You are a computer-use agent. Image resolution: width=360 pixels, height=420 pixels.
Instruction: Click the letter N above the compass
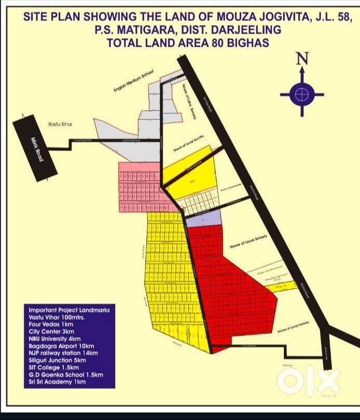pyautogui.click(x=302, y=60)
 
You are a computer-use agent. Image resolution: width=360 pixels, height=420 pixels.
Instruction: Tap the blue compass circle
pyautogui.click(x=302, y=94)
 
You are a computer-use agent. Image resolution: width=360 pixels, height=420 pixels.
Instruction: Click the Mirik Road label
pyautogui.click(x=36, y=149)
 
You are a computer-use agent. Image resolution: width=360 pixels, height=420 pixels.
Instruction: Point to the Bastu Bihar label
pyautogui.click(x=61, y=124)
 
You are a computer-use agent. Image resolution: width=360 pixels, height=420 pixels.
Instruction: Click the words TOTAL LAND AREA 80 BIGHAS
pyautogui.click(x=188, y=43)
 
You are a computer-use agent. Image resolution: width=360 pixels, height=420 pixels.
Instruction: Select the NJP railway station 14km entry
pyautogui.click(x=63, y=353)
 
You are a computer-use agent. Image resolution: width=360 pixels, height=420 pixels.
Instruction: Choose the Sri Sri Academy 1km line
pyautogui.click(x=57, y=382)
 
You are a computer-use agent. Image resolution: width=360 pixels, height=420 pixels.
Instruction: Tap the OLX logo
pyautogui.click(x=308, y=381)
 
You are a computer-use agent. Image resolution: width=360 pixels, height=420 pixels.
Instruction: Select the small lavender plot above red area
pyautogui.click(x=196, y=222)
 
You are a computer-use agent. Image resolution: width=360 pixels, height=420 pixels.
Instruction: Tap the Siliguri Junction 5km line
pyautogui.click(x=57, y=360)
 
